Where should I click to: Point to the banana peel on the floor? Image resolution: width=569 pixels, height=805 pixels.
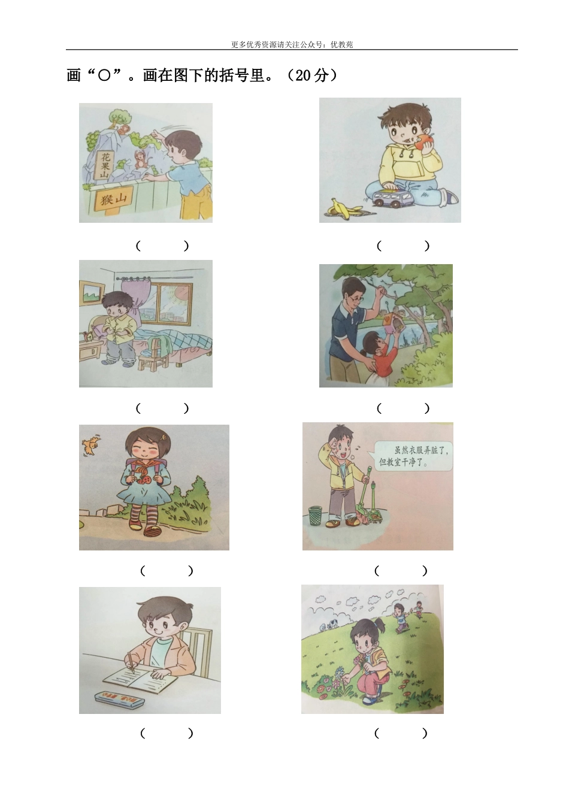[x=344, y=208]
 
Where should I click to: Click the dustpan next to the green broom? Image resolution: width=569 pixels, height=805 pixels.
[x=374, y=507]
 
